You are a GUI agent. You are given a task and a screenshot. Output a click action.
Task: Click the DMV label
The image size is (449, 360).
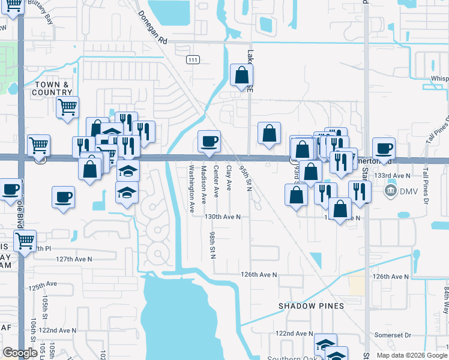pos(408,191)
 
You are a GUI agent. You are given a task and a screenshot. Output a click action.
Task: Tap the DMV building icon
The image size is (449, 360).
pos(390,191)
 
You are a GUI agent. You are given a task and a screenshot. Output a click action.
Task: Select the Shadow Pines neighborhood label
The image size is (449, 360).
pos(311,306)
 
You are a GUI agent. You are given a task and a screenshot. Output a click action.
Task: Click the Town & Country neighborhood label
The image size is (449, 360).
pos(53,88)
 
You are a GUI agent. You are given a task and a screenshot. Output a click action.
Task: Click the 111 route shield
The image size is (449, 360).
pos(193,60)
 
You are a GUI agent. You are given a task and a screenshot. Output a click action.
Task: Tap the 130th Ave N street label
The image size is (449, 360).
pos(222,217)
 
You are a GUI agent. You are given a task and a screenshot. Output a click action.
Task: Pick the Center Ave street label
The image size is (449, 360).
pos(216,179)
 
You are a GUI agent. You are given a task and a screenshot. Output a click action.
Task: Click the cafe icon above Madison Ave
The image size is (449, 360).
pos(209,142)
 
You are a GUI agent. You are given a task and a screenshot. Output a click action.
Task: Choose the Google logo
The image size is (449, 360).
pos(20,353)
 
